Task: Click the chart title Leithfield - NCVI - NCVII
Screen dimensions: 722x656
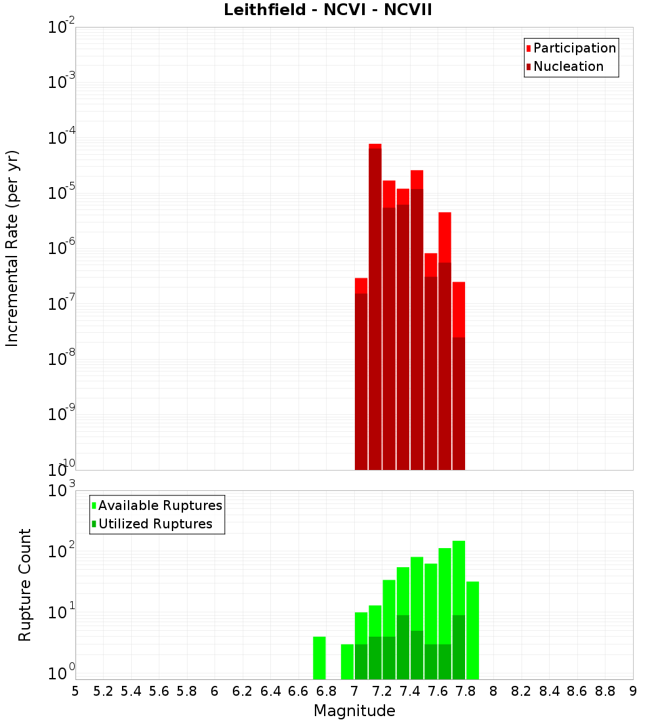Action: tap(327, 10)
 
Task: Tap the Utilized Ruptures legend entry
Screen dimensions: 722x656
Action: tap(155, 524)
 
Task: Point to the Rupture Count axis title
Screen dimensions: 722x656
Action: tap(25, 584)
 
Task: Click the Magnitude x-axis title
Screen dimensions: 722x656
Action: tap(354, 711)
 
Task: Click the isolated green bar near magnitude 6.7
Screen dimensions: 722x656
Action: tap(319, 658)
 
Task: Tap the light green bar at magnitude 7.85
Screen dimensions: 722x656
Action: tap(472, 630)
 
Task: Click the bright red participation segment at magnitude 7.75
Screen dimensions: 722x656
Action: tap(459, 308)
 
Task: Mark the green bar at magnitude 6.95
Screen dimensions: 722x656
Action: tap(347, 662)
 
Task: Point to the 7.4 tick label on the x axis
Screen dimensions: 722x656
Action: tap(410, 691)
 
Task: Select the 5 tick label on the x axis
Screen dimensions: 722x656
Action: tap(75, 691)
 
